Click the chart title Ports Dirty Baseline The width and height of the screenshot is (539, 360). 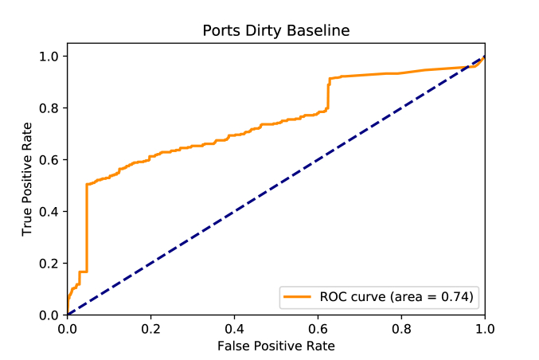[276, 31]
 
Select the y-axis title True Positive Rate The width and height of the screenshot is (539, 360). [28, 179]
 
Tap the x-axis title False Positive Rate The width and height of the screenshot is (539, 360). [276, 346]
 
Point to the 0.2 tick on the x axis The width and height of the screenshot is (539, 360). [150, 327]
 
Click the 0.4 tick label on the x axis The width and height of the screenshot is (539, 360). [234, 327]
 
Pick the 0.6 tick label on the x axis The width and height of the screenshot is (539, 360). [318, 327]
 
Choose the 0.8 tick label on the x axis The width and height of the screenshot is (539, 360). [401, 327]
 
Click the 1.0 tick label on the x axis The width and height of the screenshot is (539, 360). [484, 327]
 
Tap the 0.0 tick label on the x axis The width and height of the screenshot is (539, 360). [68, 327]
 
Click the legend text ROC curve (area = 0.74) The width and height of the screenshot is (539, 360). [396, 297]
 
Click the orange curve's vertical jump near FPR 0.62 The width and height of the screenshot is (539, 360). [328, 96]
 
